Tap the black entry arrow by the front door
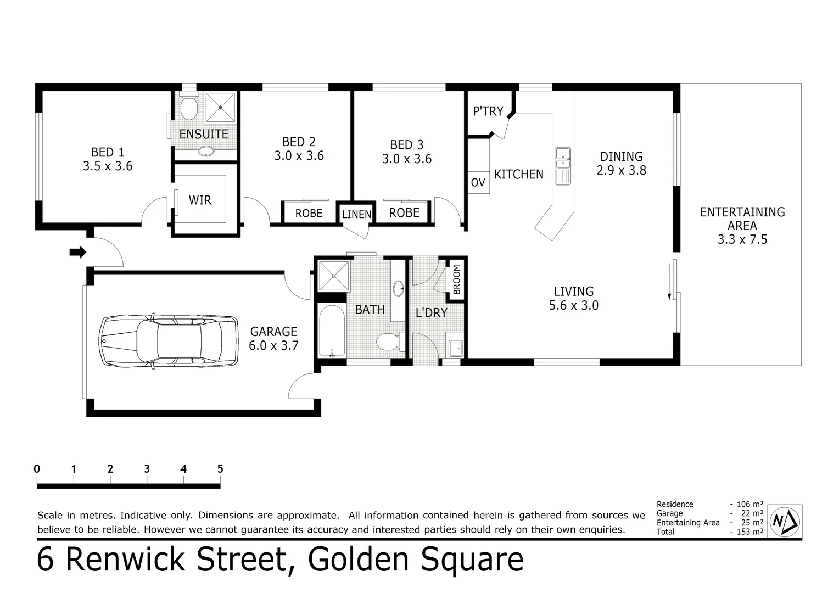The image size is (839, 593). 78,252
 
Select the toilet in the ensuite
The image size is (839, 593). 189,108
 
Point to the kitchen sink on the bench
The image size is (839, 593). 562,165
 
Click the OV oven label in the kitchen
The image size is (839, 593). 478,182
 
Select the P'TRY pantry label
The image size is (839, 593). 488,111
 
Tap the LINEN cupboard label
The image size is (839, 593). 356,215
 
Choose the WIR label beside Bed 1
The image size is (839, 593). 200,200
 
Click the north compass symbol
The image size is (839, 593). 785,521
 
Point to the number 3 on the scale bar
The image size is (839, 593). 147,469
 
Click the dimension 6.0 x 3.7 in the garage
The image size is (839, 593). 273,345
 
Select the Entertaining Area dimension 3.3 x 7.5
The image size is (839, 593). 742,239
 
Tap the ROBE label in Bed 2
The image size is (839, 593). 309,214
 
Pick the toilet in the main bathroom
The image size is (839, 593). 389,342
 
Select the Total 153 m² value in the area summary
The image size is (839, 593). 747,532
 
